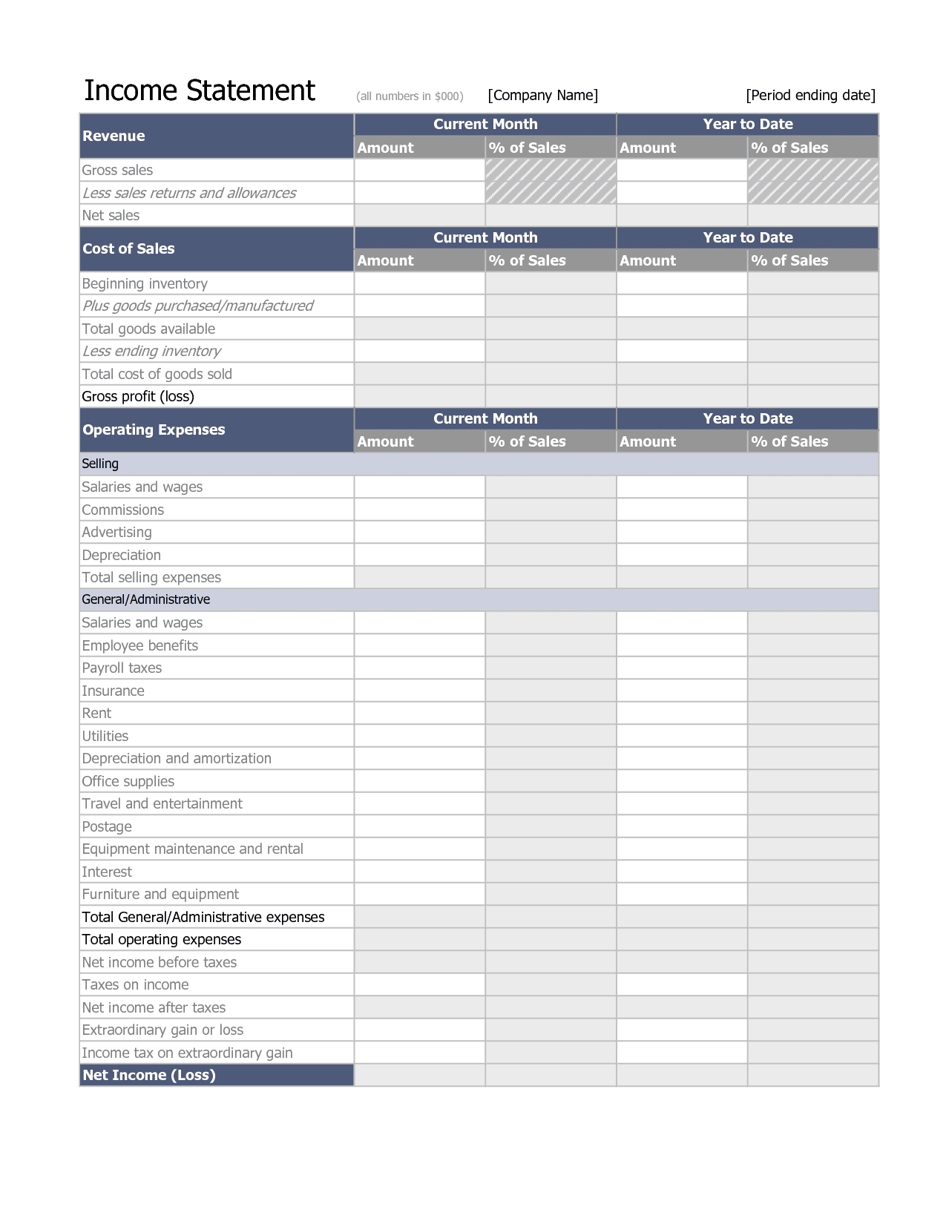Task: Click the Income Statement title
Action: tap(199, 91)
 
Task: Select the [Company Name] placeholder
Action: tap(542, 95)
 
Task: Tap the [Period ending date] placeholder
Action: tap(810, 95)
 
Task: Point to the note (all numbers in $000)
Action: tap(410, 96)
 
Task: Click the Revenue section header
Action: tap(114, 136)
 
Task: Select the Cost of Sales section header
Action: tap(128, 249)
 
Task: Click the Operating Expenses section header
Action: tap(154, 430)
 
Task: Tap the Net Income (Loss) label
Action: tap(148, 1075)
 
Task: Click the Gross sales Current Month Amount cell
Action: tap(419, 170)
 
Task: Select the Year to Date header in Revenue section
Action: tap(747, 124)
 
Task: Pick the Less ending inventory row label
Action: tap(151, 351)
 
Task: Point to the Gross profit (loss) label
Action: tap(138, 396)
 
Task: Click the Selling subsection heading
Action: tap(100, 464)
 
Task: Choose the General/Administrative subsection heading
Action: tap(145, 599)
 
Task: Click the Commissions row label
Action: tap(122, 510)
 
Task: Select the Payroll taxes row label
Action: tap(122, 668)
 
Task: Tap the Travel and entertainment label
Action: tap(162, 803)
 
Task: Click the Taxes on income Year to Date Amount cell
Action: tap(681, 984)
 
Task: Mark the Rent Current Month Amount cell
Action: tap(419, 713)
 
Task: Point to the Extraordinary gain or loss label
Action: tap(162, 1030)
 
